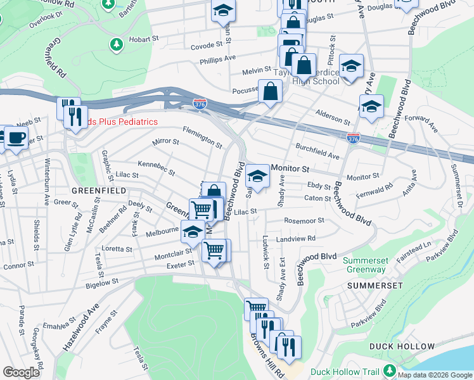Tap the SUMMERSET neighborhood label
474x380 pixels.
[x=375, y=286]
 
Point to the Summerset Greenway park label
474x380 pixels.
[x=364, y=265]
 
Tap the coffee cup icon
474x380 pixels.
[x=16, y=137]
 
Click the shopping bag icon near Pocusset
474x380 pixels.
[x=271, y=91]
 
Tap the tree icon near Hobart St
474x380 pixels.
[x=115, y=44]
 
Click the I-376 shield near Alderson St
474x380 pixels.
[x=354, y=137]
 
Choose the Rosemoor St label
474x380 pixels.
[x=304, y=221]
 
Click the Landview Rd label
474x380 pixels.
[x=295, y=239]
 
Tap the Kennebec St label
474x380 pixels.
[x=156, y=168]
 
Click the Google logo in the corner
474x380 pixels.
[x=21, y=372]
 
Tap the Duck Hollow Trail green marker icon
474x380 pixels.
[x=390, y=370]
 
